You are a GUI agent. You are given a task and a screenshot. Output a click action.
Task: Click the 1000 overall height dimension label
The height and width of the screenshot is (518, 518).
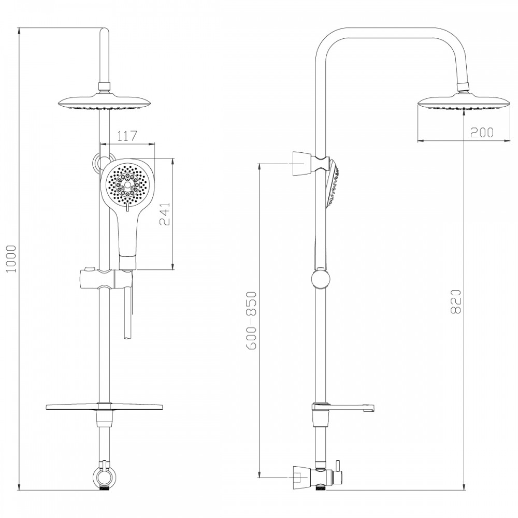click(x=12, y=258)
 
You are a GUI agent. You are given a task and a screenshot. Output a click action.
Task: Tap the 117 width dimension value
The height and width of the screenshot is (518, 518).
click(x=127, y=136)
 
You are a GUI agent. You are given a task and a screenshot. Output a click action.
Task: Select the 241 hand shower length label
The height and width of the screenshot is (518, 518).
click(x=165, y=214)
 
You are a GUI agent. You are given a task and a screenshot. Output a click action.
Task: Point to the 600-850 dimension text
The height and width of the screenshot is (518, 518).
click(x=252, y=320)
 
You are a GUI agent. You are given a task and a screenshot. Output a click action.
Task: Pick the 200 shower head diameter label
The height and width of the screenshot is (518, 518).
click(x=482, y=132)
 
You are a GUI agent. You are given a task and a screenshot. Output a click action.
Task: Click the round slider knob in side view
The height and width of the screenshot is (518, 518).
click(x=321, y=279)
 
